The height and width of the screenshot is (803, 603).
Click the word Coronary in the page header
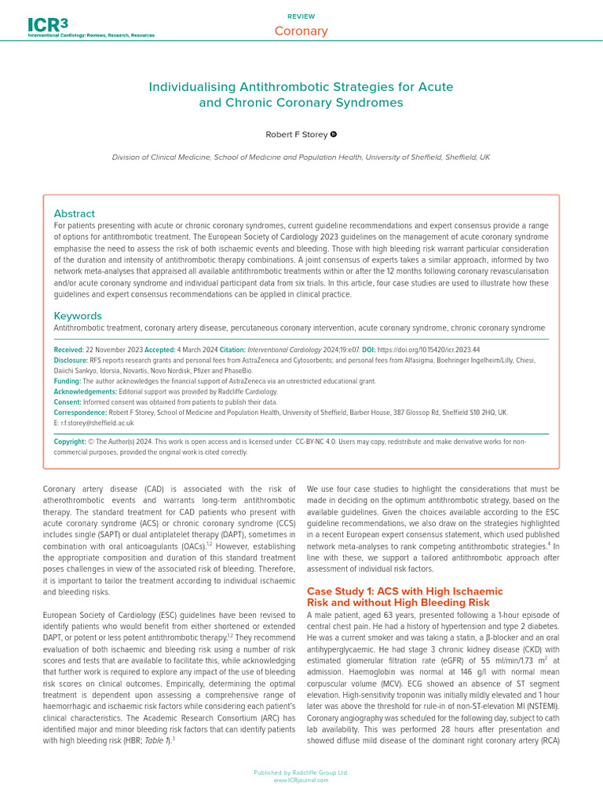coord(301,31)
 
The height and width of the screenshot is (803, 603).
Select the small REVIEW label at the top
coord(301,16)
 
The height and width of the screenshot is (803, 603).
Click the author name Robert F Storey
coord(295,135)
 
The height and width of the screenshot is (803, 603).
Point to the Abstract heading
coord(74,213)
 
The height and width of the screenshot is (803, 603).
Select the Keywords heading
coord(78,315)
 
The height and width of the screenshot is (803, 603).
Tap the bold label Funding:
coord(68,381)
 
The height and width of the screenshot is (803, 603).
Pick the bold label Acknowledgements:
coord(85,391)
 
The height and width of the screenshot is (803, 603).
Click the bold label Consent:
coord(68,401)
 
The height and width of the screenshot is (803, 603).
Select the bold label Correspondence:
coord(80,412)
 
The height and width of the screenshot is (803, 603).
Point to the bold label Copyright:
coord(70,441)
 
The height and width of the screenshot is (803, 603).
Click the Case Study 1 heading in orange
coord(404,596)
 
